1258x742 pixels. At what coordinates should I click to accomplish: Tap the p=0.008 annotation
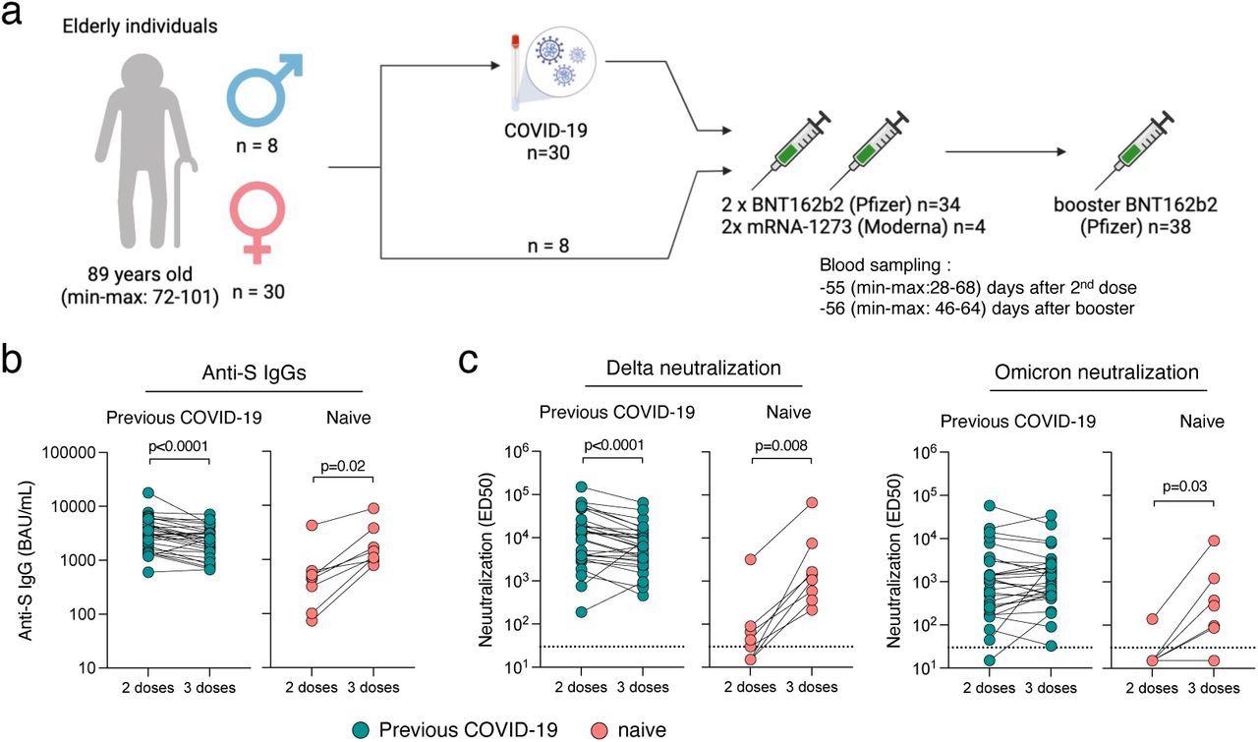pyautogui.click(x=782, y=444)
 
